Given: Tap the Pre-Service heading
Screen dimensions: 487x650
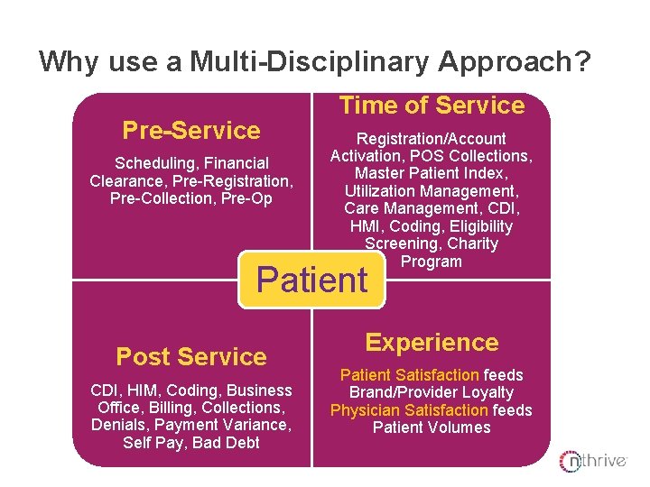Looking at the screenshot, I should click(191, 131).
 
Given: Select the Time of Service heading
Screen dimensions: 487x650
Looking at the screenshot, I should click(432, 106).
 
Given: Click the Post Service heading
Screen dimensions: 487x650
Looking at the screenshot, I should click(191, 357).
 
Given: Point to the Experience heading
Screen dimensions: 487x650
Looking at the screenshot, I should click(432, 343).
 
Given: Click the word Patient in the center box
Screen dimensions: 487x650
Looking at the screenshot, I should click(311, 280).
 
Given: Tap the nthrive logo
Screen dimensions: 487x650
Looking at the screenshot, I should click(592, 461).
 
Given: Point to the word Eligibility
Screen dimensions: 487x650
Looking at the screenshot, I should click(470, 226).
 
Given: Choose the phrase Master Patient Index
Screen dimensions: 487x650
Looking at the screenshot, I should click(432, 173).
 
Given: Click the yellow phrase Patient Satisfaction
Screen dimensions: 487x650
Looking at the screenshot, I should click(409, 375).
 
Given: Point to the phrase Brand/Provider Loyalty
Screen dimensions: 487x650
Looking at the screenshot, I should click(432, 392).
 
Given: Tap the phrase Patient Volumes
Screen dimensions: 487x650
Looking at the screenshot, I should click(432, 427).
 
